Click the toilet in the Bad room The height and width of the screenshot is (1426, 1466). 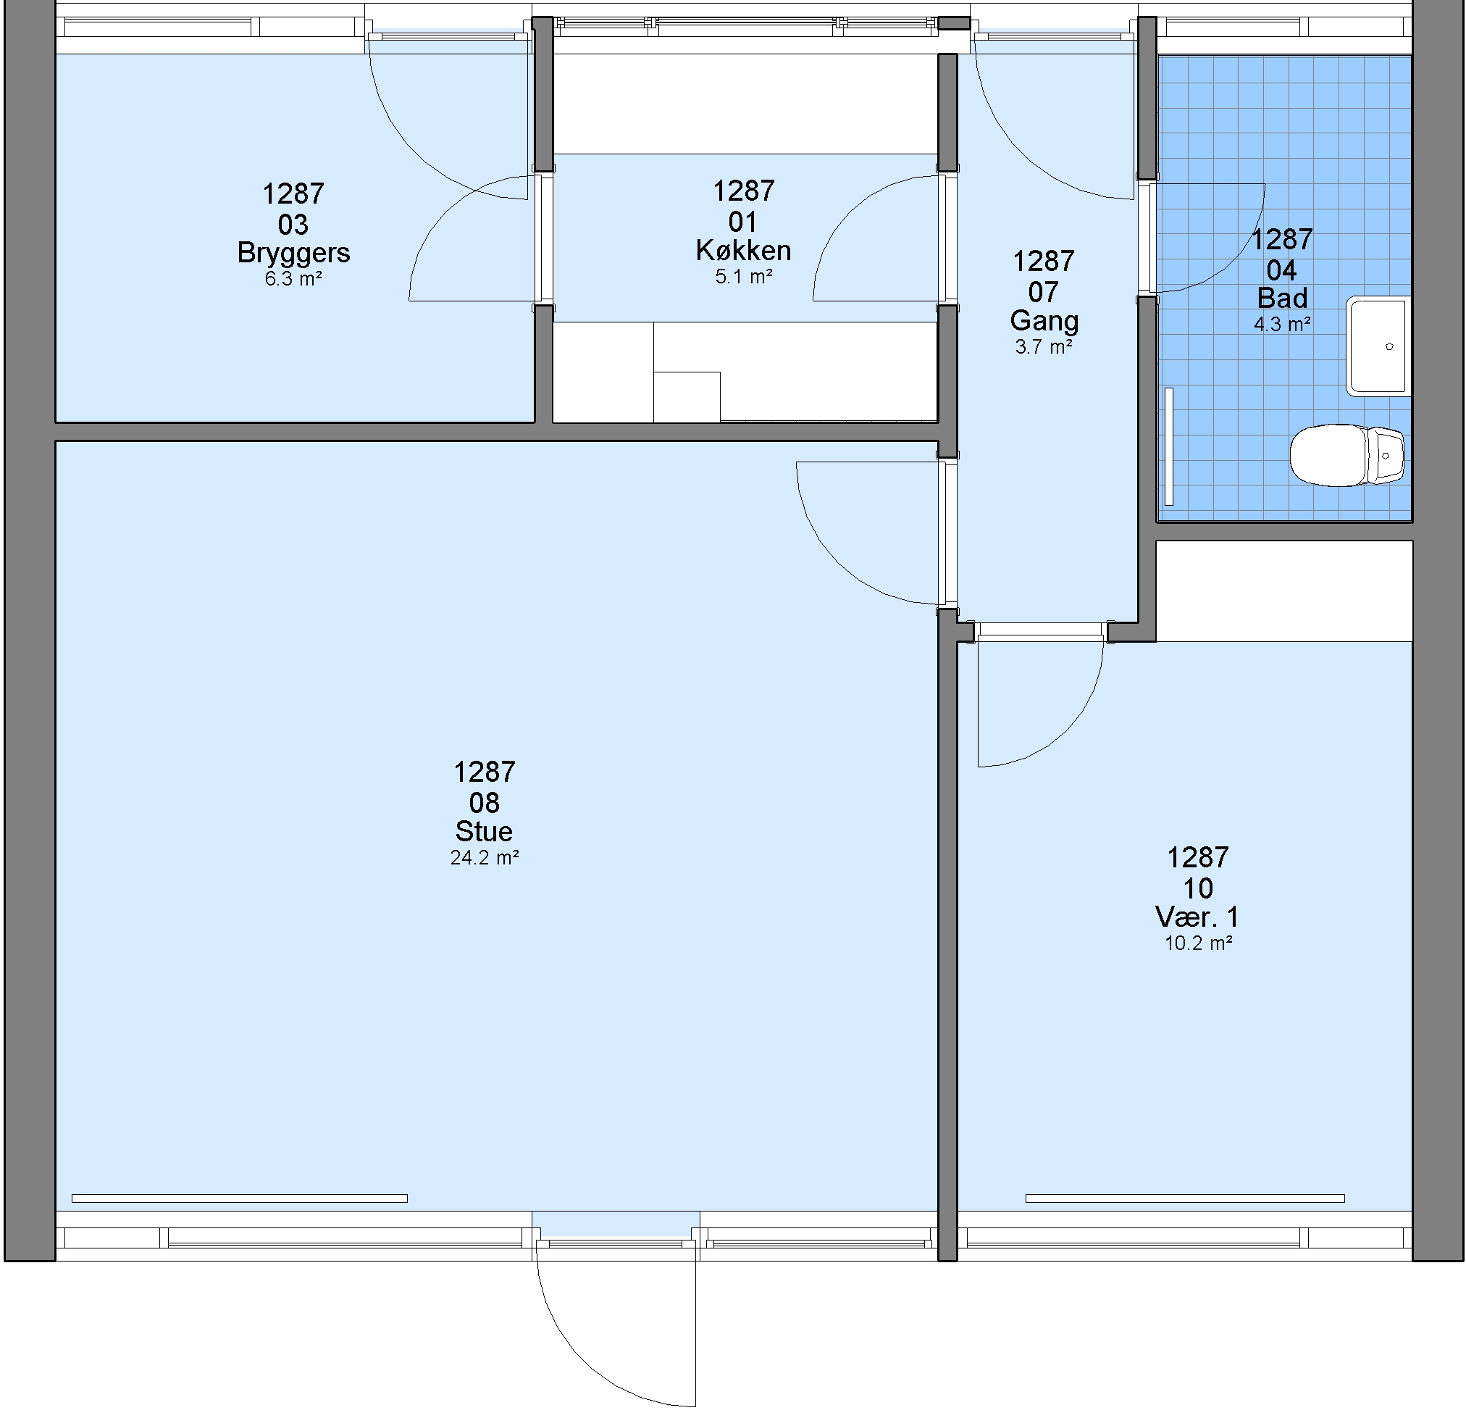coord(1347,454)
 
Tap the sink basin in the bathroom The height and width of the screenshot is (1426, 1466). coord(1378,346)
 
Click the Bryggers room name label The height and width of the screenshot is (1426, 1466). coord(293,253)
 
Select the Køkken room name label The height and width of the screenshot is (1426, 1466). coord(743,250)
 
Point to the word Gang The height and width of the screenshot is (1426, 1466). coord(1044,321)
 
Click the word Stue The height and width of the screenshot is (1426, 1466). coord(484,831)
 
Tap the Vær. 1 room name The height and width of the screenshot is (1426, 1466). coord(1197,917)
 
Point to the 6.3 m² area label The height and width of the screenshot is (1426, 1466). coord(293,280)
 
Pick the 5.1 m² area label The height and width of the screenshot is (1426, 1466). coord(743,277)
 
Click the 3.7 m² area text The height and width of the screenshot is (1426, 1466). coord(1044,348)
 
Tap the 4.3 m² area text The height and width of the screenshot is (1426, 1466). coord(1283,325)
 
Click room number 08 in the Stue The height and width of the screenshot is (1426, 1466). coord(484,803)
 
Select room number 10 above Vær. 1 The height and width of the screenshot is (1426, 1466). coord(1198,888)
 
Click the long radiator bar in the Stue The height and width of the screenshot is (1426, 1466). coord(240,1198)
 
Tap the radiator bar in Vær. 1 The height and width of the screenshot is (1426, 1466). coord(1185,1198)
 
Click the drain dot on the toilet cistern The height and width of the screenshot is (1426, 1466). coord(1386,455)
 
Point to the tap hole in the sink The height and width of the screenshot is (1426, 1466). coord(1390,347)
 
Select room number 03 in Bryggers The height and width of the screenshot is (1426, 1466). coord(293,225)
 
